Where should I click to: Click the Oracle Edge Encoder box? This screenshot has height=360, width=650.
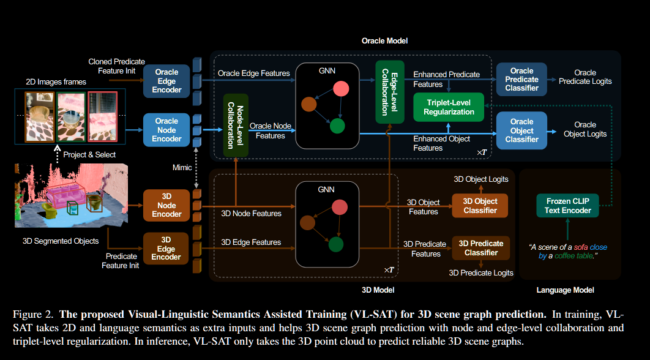coord(166,81)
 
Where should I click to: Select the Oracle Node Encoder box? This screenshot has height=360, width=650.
coord(166,130)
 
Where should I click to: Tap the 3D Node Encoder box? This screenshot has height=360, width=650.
coord(166,205)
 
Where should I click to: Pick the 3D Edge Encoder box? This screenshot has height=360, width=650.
coord(166,248)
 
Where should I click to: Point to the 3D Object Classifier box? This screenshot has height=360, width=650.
coord(480,206)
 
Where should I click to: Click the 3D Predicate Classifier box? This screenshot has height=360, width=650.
coord(480,248)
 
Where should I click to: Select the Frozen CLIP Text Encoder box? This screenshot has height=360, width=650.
coord(567,206)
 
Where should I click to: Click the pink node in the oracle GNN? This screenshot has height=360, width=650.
coord(340,89)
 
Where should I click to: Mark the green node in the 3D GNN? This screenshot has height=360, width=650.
coord(335,246)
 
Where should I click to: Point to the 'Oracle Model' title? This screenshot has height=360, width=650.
coord(384,41)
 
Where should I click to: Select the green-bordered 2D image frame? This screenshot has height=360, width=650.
coord(70,116)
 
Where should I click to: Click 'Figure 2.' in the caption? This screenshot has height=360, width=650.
coord(32,315)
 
